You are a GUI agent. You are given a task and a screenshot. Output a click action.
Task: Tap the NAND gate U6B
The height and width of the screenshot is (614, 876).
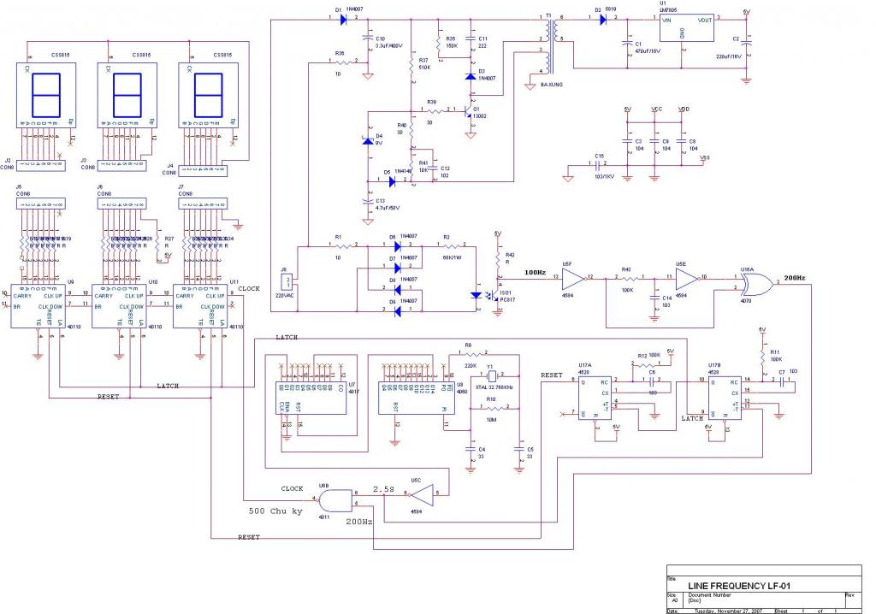[335, 500]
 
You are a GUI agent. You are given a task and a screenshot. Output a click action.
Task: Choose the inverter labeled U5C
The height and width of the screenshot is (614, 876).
[425, 491]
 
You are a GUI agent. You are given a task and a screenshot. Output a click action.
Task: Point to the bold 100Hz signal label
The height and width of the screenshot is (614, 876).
[534, 272]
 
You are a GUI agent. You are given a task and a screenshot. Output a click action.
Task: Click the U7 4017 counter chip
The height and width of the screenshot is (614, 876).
[313, 395]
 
